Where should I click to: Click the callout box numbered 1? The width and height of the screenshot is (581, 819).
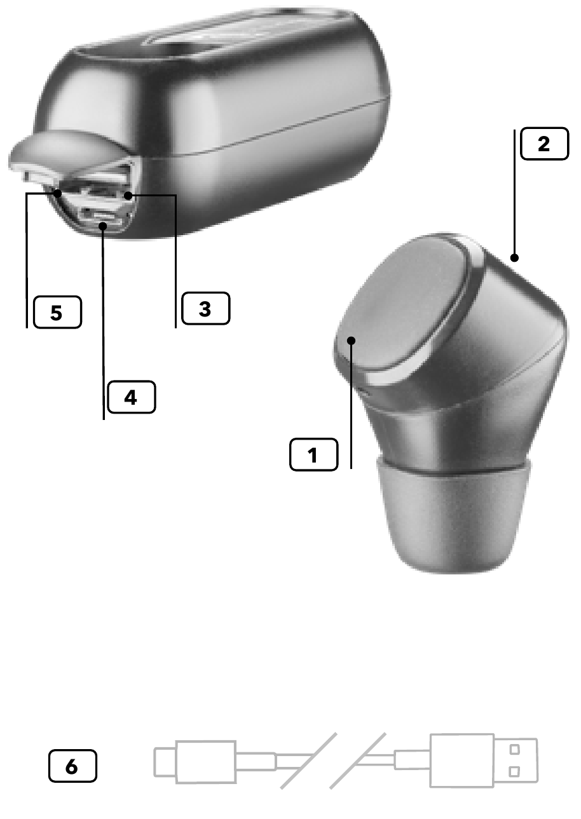coord(313,454)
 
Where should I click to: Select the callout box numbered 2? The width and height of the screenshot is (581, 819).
coord(544,144)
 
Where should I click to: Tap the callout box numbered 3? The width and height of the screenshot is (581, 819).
coord(205,308)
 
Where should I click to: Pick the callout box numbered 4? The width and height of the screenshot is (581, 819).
coord(132,397)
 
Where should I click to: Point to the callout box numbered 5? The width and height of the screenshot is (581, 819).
coord(57,312)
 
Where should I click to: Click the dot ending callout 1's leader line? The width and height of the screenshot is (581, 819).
coord(352,341)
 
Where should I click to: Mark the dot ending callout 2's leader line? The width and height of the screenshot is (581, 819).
coord(514,258)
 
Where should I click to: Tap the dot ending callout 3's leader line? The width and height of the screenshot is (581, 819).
coord(128,196)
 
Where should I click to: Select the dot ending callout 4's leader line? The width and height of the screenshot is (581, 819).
coord(103,226)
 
